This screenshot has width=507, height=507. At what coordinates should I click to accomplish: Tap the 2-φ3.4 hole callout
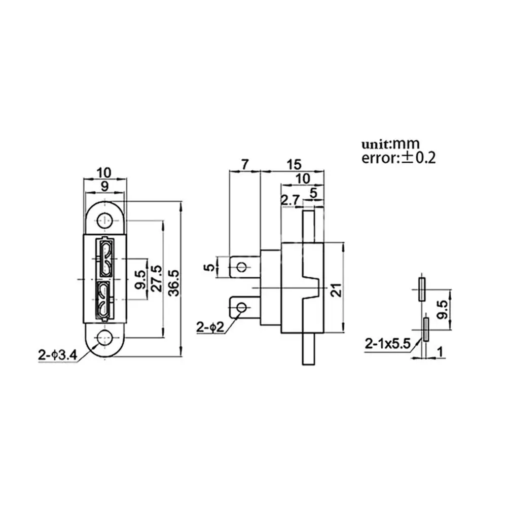click(57, 355)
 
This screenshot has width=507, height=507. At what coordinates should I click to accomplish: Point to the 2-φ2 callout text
click(210, 327)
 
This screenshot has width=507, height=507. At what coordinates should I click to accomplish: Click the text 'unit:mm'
click(390, 144)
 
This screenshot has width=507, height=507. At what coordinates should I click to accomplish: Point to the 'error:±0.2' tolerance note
click(399, 158)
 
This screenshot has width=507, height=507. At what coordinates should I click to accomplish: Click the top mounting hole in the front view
click(105, 221)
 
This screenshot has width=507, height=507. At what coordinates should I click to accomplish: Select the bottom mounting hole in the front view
click(105, 337)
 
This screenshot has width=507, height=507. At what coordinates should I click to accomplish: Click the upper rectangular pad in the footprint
click(421, 289)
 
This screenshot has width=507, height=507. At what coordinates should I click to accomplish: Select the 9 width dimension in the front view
click(104, 186)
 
